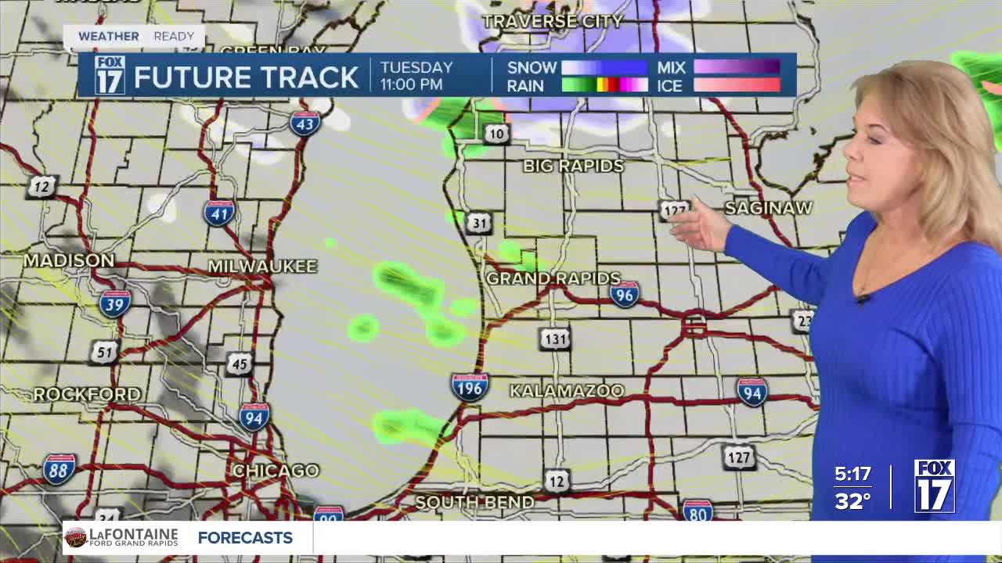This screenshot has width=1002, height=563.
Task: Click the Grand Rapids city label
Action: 553,278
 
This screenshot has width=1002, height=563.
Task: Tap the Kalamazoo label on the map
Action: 568,390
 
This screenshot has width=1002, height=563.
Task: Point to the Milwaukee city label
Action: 262,267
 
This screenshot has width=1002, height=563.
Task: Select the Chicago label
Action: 276,471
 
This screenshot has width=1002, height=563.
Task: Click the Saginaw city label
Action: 769,208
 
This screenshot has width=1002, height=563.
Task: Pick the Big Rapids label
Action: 574,166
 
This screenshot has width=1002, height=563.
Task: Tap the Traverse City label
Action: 553,21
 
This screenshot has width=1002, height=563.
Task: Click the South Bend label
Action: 474,502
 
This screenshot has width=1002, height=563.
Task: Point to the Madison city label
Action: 69,260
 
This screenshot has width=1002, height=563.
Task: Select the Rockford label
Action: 87,394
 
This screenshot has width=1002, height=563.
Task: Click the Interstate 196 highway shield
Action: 470,387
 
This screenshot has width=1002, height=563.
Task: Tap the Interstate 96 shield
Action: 625,294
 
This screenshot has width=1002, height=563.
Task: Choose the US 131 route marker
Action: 554,339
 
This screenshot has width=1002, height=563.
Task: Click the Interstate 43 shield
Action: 305,124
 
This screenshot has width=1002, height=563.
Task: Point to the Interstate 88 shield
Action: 59,469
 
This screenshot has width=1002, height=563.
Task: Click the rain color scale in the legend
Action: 604,85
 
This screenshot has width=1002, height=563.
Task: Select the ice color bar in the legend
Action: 737,85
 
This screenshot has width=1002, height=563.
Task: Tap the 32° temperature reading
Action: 852,500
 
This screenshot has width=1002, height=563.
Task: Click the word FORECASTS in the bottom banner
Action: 245,538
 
